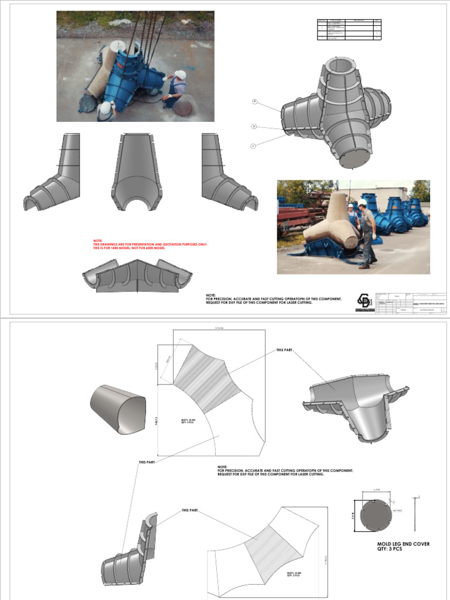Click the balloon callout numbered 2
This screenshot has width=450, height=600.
254,126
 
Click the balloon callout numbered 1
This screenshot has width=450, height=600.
254,145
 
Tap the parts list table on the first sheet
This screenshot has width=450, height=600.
349,29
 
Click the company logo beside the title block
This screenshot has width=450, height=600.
364,301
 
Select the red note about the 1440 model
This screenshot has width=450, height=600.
150,245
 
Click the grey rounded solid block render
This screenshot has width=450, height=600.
117,410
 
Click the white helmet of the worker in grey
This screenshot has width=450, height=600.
362,202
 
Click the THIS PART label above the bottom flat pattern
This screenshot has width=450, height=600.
190,510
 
